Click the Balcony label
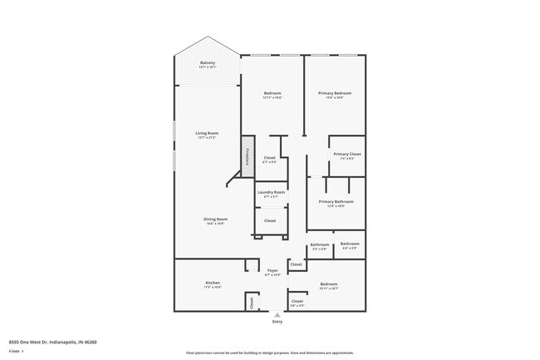208,63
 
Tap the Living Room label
207,133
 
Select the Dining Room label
216,219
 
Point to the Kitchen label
213,283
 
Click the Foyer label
272,270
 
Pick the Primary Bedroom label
335,93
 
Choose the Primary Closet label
346,154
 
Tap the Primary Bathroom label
336,201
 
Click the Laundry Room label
271,192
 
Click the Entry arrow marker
277,315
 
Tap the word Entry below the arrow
277,322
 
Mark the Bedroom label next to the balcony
272,93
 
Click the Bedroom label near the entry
329,284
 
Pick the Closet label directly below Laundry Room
270,220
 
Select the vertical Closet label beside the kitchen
252,303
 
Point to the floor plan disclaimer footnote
269,353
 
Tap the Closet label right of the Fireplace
269,157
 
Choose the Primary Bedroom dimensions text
335,98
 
